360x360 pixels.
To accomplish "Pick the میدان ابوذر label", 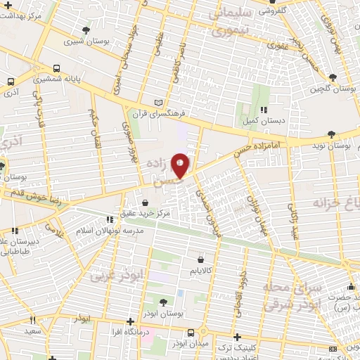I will [x=190, y=344].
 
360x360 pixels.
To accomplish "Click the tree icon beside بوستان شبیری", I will [x=86, y=30].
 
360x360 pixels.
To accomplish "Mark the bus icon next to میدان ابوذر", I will [x=190, y=333].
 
